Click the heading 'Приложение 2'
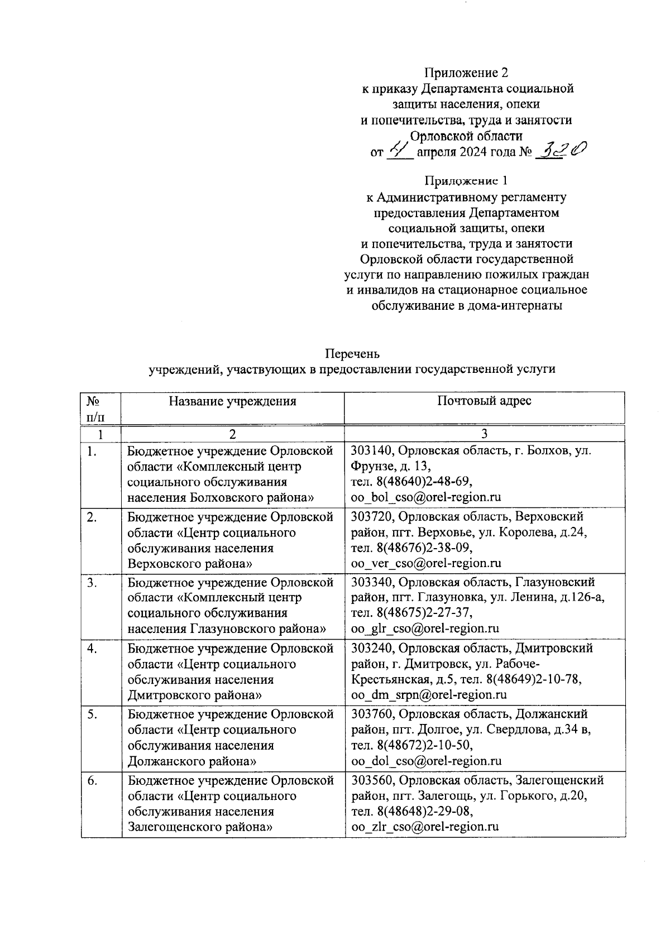click(x=466, y=73)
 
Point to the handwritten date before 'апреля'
click(x=400, y=150)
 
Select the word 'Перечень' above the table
click(x=352, y=354)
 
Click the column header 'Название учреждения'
click(x=232, y=401)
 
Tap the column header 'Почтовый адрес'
click(x=484, y=401)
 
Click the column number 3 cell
click(x=484, y=434)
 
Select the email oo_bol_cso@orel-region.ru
click(x=425, y=497)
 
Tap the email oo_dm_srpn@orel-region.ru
click(x=428, y=695)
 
